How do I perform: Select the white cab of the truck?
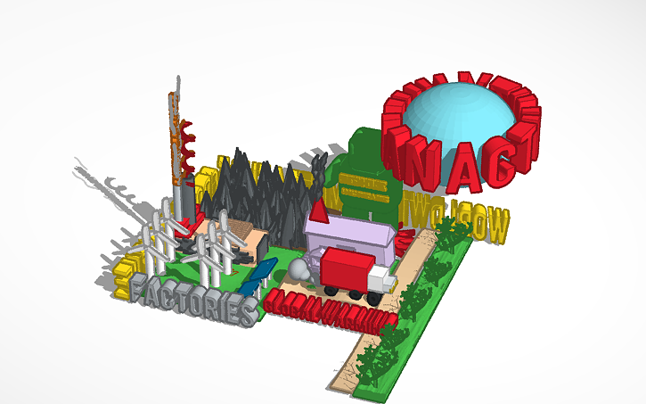[380, 280]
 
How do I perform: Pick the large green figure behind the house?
[361, 161]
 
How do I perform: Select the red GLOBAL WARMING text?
[330, 308]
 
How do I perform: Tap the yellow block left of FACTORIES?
[132, 268]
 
